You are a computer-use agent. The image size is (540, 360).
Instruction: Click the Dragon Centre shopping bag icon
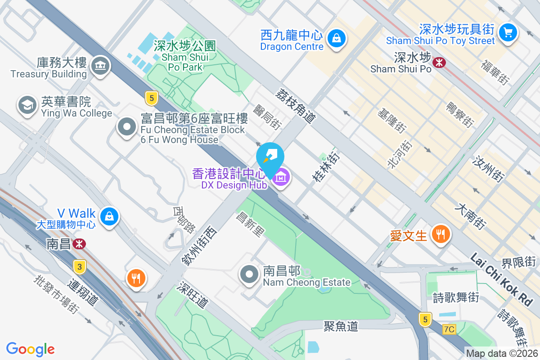[x=336, y=38]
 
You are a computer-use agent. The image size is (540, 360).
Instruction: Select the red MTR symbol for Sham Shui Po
[x=438, y=63]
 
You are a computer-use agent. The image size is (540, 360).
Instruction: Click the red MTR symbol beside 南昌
[x=80, y=244]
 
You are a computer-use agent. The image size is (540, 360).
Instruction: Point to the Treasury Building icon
[x=99, y=66]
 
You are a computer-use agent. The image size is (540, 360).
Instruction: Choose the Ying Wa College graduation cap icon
[x=27, y=105]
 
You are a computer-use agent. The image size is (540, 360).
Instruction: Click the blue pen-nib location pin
[x=270, y=157]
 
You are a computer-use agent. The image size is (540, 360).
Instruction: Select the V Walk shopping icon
[x=109, y=216]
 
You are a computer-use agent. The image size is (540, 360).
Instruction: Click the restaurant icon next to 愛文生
[x=441, y=234]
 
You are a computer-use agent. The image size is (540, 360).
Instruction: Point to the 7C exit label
[x=449, y=329]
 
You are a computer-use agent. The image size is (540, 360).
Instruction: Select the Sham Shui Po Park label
[x=184, y=57]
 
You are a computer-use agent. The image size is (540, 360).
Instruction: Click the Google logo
[x=30, y=349]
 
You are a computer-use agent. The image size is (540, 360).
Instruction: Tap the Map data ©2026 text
[x=502, y=354]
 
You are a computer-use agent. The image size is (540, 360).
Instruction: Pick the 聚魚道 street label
[x=341, y=326]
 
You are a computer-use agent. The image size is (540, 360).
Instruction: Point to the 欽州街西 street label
[x=199, y=246]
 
